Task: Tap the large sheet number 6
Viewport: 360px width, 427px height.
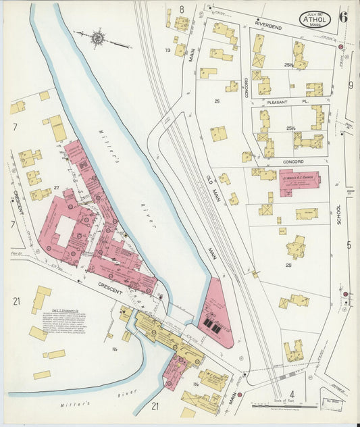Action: (x=343, y=17)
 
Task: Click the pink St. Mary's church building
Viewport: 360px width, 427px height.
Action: (x=299, y=182)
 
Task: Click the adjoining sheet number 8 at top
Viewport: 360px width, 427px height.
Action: (x=181, y=9)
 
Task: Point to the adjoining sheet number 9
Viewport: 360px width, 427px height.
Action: (x=351, y=85)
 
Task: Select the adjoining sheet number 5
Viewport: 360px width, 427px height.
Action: (x=349, y=245)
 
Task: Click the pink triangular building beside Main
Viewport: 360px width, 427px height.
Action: (x=215, y=316)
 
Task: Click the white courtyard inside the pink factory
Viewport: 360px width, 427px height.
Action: (x=64, y=231)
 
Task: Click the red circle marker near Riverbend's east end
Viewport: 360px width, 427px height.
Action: (x=341, y=47)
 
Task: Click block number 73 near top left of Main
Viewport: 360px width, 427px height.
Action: (x=166, y=51)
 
